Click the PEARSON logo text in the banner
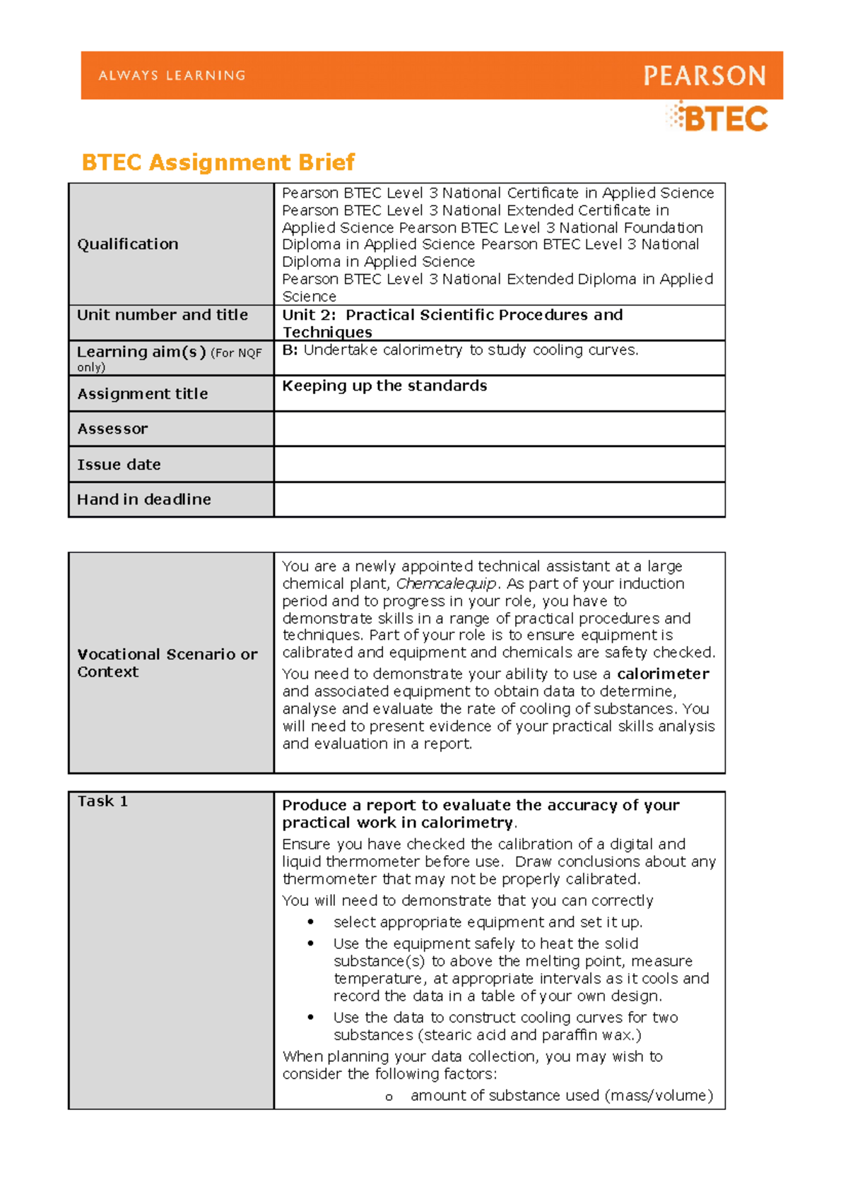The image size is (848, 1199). (704, 76)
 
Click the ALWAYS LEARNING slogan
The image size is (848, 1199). (172, 76)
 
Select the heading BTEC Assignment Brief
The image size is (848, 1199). (218, 162)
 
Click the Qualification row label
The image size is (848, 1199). (128, 244)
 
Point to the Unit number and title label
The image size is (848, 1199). (163, 315)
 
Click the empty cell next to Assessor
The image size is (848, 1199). (499, 429)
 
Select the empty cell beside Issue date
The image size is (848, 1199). (499, 465)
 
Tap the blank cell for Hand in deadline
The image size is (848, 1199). (499, 499)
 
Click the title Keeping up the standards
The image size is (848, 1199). (384, 386)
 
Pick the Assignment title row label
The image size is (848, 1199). (143, 394)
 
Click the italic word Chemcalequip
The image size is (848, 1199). (446, 584)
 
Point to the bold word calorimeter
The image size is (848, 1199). (662, 674)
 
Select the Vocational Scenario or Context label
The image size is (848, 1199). (167, 663)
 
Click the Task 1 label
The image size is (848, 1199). (102, 801)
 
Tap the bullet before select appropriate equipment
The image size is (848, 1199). (310, 922)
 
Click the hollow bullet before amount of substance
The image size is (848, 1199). (389, 1097)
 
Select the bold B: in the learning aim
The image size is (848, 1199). (290, 350)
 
